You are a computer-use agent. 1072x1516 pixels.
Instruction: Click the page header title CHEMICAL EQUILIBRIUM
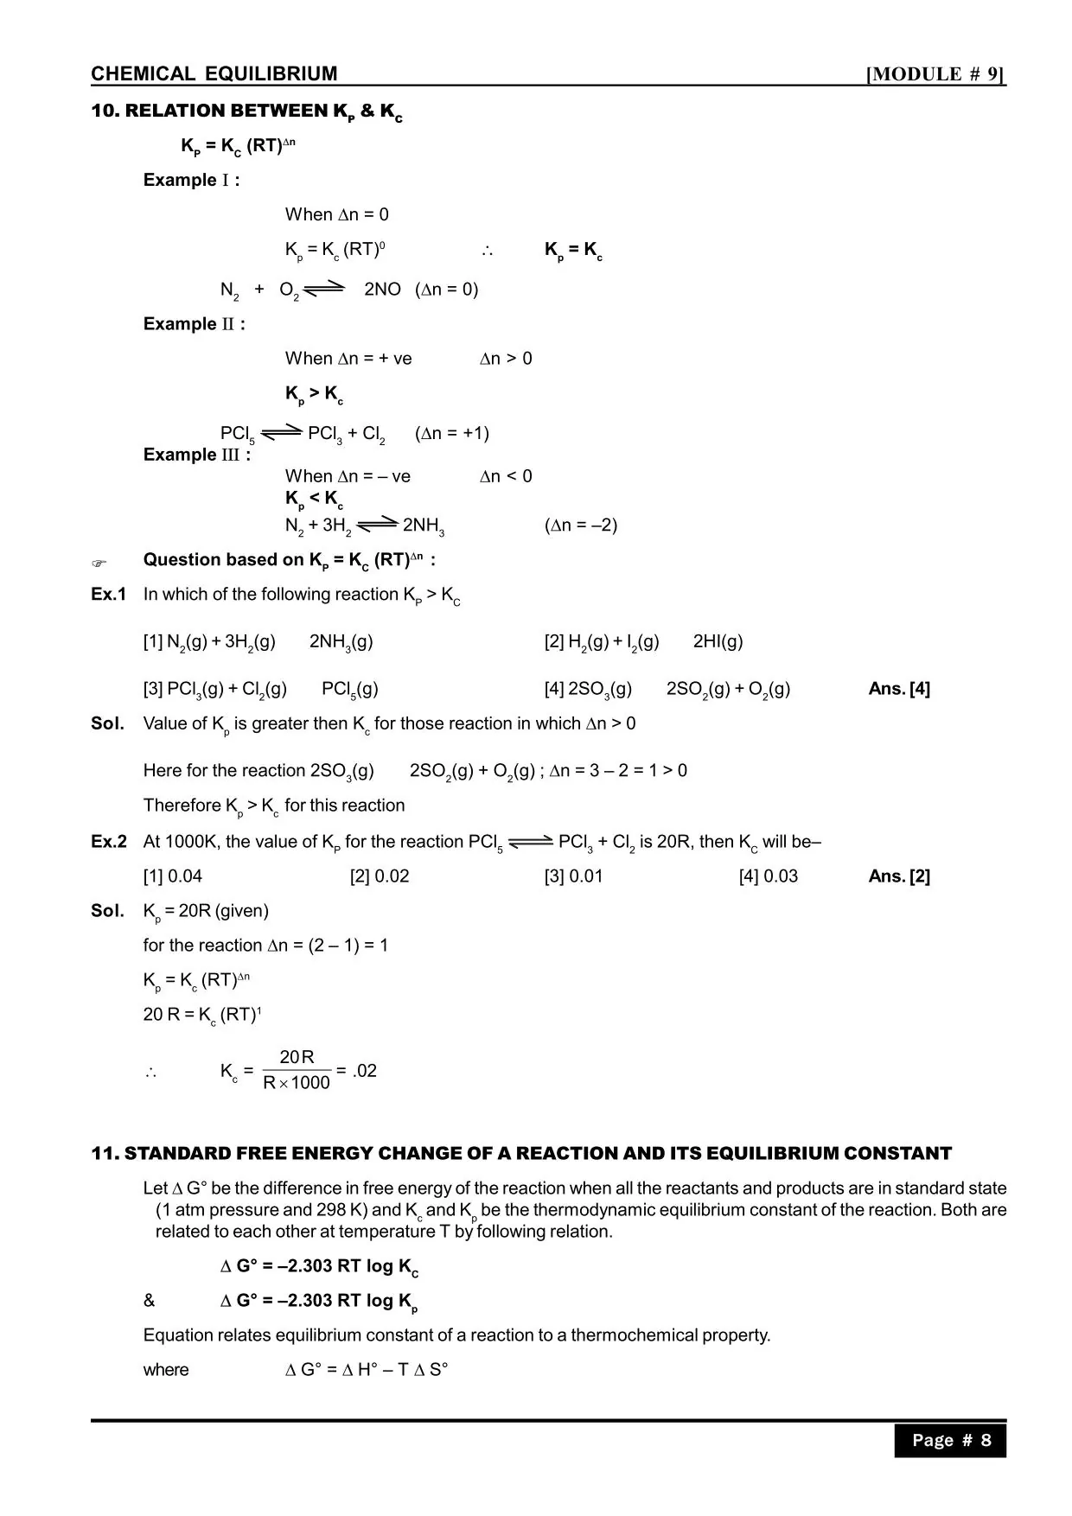click(214, 73)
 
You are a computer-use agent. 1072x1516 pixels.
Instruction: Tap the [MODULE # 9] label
click(936, 74)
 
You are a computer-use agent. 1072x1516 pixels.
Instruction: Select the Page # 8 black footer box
click(950, 1440)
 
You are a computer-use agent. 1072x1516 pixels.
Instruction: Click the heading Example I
click(191, 180)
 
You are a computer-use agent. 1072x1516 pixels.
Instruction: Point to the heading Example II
click(194, 324)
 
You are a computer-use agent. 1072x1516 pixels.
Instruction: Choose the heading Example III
click(197, 455)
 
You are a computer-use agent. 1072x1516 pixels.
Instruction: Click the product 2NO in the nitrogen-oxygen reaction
click(382, 289)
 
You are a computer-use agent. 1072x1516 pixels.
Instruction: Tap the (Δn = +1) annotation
click(452, 433)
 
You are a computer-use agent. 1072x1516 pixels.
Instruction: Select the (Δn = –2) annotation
click(581, 525)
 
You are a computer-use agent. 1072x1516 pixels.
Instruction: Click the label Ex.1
click(109, 594)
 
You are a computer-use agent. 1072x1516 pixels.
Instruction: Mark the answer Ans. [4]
click(899, 689)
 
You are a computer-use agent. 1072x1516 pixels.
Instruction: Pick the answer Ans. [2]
click(899, 876)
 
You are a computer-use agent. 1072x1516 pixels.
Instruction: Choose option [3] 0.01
click(573, 876)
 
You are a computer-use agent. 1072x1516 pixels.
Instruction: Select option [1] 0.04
click(173, 876)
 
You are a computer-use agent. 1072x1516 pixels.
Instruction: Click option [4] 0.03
click(768, 876)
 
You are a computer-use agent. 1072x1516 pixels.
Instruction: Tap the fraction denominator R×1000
click(297, 1083)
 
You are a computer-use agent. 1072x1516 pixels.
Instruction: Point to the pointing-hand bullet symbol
click(99, 564)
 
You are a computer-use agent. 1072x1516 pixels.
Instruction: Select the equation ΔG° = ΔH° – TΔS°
click(367, 1370)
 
